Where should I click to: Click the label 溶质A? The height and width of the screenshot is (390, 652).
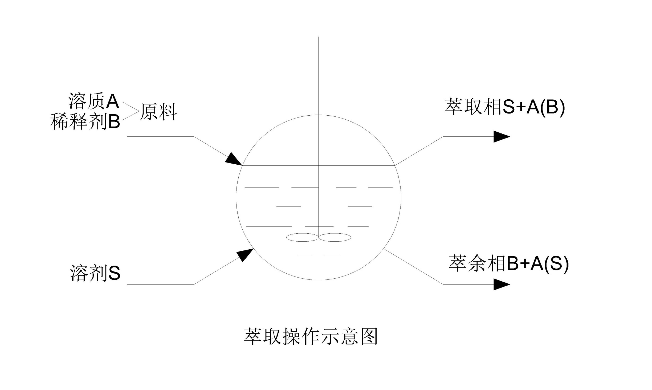(93, 101)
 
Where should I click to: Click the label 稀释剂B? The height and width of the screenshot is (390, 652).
(85, 121)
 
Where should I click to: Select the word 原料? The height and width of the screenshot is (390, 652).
(158, 112)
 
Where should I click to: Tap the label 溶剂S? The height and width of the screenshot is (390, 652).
(95, 273)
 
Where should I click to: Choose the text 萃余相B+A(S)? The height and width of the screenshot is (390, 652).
(508, 263)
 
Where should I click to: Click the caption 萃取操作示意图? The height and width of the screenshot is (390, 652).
(311, 336)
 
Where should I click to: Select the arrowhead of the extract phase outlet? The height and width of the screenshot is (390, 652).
(501, 137)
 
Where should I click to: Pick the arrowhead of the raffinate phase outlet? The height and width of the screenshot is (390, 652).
(501, 285)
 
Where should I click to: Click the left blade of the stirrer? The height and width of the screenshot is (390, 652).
(302, 237)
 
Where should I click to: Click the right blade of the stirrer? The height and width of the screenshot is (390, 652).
(335, 237)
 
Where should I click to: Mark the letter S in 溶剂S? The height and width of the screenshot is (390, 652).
(114, 273)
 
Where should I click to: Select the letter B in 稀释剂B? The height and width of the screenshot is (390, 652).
(114, 121)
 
